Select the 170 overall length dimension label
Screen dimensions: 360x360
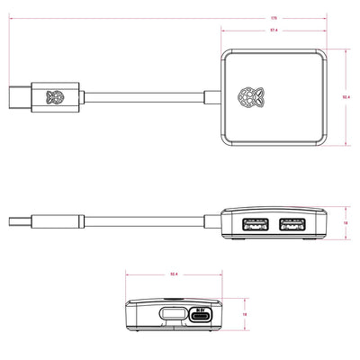(x=172, y=16)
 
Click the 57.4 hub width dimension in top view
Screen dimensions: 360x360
(x=271, y=32)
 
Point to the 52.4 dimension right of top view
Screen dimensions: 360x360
(x=346, y=97)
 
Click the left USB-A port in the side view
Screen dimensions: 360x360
(x=253, y=224)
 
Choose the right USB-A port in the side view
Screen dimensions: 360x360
(x=292, y=224)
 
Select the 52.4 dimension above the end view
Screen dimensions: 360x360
(x=172, y=273)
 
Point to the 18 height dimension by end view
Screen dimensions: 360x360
(x=245, y=314)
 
